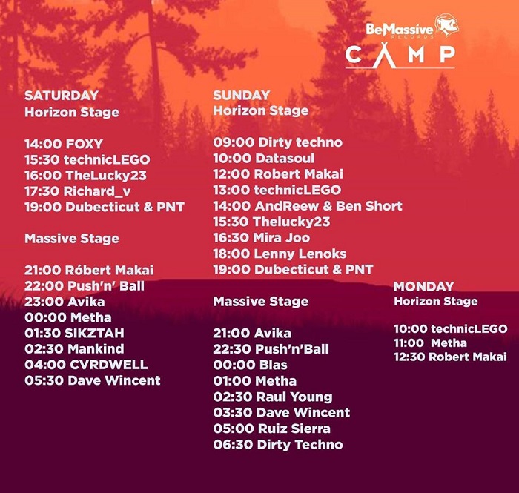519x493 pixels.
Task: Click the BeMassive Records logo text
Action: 400,30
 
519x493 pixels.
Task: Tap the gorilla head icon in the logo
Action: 446,24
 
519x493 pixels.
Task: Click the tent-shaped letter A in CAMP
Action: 384,55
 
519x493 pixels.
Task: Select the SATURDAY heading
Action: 62,96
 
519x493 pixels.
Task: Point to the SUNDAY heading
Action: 242,96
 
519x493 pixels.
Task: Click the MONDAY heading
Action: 423,287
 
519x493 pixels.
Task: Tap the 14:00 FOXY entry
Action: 64,145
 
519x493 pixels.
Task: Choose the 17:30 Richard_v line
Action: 77,191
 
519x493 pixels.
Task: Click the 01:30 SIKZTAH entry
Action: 74,333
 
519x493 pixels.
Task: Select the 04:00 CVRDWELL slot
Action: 86,365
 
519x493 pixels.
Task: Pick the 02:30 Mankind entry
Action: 74,349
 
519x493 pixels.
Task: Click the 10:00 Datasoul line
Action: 264,158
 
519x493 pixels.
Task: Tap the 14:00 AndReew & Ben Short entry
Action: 308,206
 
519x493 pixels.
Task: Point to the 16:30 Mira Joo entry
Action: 262,237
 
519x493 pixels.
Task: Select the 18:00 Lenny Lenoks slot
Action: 280,254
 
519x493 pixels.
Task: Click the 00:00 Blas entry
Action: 251,365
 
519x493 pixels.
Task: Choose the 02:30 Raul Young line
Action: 273,397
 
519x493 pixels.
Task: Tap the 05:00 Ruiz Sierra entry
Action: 272,429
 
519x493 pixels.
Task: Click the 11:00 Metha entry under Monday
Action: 430,343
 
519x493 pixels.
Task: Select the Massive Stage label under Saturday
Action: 72,239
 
